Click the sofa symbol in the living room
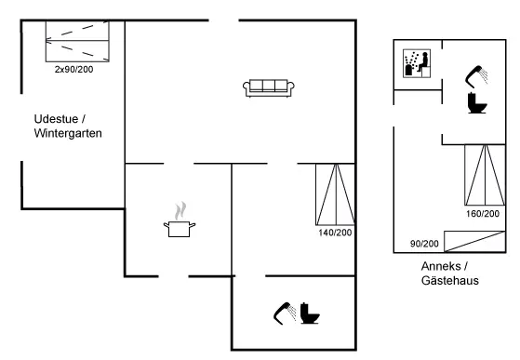pyautogui.click(x=269, y=88)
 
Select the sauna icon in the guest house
pyautogui.click(x=417, y=63)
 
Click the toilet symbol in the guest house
pyautogui.click(x=477, y=102)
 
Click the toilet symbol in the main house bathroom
pyautogui.click(x=310, y=313)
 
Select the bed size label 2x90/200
pyautogui.click(x=74, y=69)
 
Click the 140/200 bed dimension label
pyautogui.click(x=335, y=233)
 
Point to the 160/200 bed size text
pyautogui.click(x=483, y=214)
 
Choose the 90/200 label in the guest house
pyautogui.click(x=424, y=244)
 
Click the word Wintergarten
pyautogui.click(x=68, y=133)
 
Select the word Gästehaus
pyautogui.click(x=450, y=280)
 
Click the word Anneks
pyautogui.click(x=441, y=266)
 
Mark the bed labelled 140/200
pyautogui.click(x=336, y=194)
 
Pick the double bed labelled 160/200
pyautogui.click(x=485, y=175)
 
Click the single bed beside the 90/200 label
pyautogui.click(x=474, y=242)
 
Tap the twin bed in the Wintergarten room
pyautogui.click(x=77, y=41)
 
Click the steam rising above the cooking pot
pyautogui.click(x=180, y=211)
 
